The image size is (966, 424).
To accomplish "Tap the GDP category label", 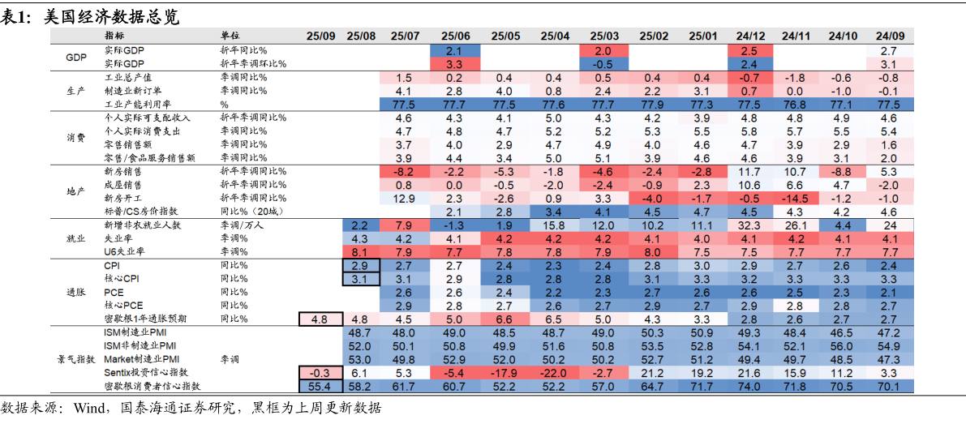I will [x=76, y=57].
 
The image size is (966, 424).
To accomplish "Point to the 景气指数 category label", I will [x=76, y=359].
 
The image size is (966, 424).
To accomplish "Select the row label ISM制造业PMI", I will [x=136, y=333].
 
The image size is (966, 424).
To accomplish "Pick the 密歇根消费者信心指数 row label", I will [x=152, y=386].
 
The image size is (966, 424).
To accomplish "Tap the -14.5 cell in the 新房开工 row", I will [x=796, y=199].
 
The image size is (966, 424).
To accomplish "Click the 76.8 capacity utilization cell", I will [x=796, y=105].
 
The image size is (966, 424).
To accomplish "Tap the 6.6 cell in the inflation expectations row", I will [x=504, y=319].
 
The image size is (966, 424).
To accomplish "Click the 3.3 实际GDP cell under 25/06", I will [x=454, y=64].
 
